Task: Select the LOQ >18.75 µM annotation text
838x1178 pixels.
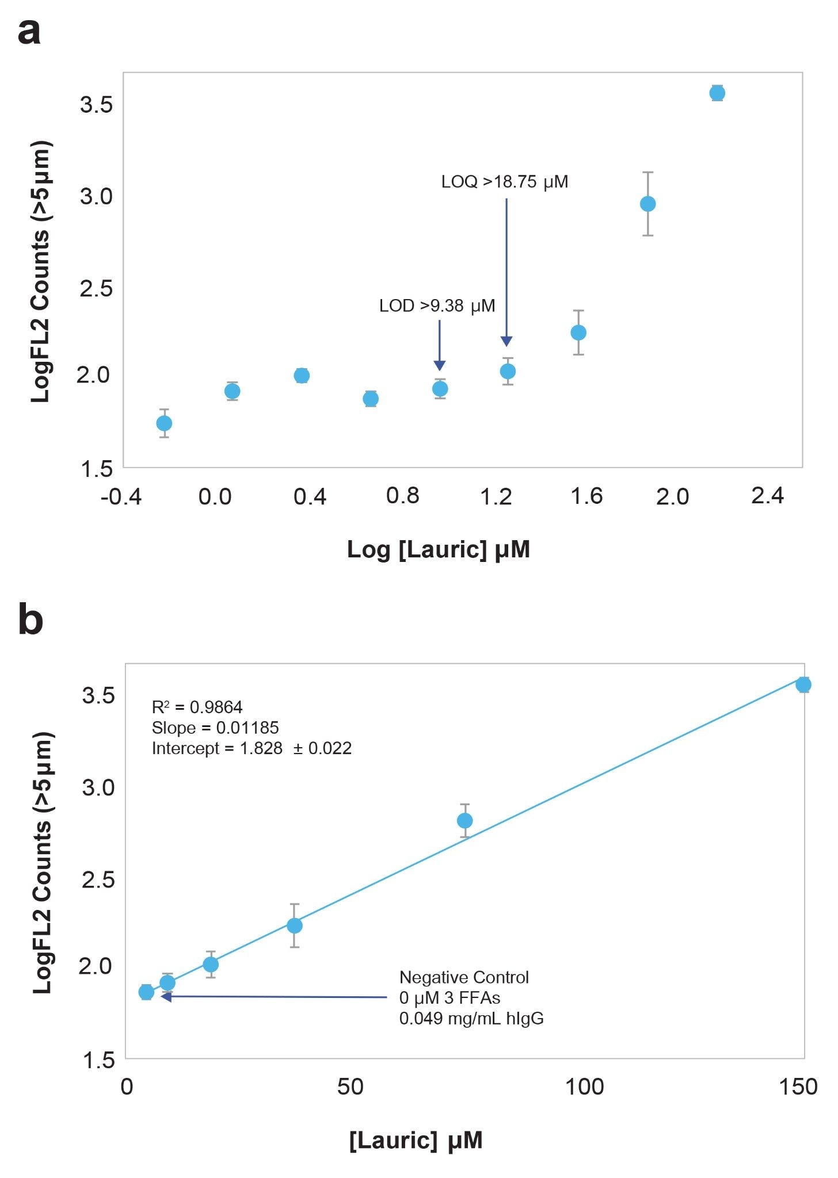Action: pos(504,182)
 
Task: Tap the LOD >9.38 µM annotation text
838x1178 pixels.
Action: pos(437,305)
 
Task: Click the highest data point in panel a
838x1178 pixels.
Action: pos(717,93)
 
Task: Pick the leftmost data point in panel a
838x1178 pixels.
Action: pos(164,423)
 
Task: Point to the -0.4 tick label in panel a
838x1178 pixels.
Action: pos(121,496)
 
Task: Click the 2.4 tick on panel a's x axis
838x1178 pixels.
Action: pos(767,495)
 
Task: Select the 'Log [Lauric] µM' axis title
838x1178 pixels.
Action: pos(438,549)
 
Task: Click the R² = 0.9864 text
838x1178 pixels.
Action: pos(197,707)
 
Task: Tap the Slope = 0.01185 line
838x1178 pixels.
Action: pos(215,728)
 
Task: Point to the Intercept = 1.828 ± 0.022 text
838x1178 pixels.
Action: pos(252,748)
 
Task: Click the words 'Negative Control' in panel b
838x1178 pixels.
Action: pos(464,977)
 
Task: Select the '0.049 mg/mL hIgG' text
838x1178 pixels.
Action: pos(471,1019)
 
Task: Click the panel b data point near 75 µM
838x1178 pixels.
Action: pos(464,820)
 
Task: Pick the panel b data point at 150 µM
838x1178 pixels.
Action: pos(803,684)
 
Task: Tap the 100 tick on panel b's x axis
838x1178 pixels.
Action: pos(584,1087)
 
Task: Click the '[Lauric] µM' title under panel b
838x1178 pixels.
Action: pos(416,1139)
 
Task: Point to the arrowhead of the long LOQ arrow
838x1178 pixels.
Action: pos(506,342)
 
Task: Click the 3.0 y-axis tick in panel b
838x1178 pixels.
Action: pos(98,787)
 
